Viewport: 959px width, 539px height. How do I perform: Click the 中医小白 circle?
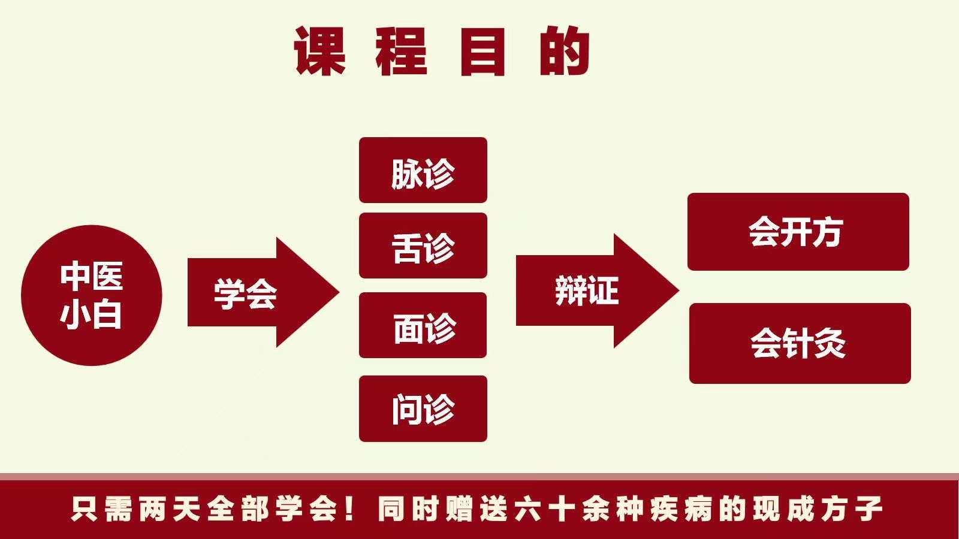pos(91,295)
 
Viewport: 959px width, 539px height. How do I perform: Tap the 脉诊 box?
pos(423,170)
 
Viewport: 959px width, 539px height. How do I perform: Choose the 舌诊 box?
pos(423,246)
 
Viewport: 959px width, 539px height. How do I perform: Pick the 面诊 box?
pos(423,325)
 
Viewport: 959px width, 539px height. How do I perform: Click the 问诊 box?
pos(423,408)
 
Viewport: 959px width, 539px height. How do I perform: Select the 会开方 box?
pos(798,232)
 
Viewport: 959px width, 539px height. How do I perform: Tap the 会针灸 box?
pos(800,343)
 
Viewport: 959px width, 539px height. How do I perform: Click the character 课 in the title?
pos(319,52)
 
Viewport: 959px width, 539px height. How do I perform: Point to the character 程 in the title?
pos(402,52)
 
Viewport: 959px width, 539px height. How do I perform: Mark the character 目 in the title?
pos(483,52)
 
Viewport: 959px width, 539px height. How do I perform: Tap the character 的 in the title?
pos(565,52)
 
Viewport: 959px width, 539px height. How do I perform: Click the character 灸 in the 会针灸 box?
pos(831,344)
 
